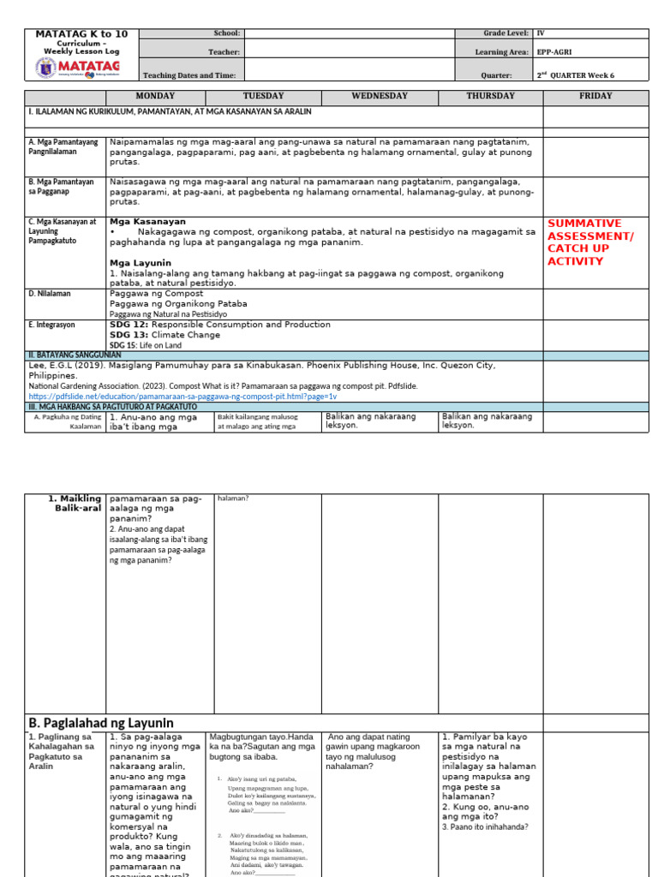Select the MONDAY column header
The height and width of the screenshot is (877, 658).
coord(155,97)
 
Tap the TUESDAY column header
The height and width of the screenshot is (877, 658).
coord(264,97)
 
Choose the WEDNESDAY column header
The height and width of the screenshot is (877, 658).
coord(380,97)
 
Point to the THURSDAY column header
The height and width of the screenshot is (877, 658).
coord(490,97)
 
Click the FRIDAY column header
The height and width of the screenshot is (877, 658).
coord(595,97)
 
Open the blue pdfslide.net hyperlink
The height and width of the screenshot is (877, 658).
coord(182,397)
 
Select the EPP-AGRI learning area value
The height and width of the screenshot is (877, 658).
coord(556,52)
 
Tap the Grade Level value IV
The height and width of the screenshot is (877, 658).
coord(541,33)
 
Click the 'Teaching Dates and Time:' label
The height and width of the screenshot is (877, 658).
coord(188,75)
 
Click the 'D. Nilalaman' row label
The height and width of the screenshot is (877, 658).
coord(50,293)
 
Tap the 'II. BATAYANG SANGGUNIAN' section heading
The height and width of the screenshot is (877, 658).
coord(75,355)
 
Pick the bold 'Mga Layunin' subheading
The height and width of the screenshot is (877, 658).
coord(141,263)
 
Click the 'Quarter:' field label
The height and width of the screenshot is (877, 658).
coord(511,75)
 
